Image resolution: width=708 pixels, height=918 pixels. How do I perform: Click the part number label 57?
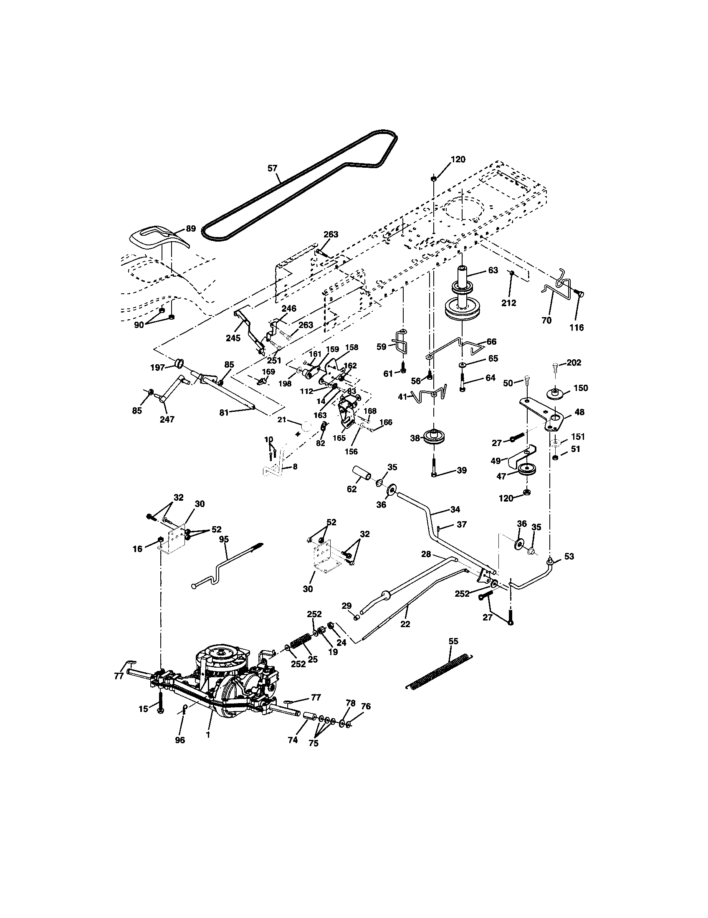(273, 168)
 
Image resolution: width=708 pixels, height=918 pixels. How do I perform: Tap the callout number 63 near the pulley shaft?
(493, 270)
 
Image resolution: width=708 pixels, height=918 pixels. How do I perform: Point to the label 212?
(508, 303)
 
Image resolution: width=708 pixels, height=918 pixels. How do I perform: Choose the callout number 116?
(577, 328)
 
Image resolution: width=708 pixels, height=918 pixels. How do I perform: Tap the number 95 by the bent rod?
(224, 539)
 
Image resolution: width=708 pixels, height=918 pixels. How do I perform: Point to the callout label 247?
(167, 419)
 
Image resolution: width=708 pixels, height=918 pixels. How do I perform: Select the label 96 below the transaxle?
(180, 740)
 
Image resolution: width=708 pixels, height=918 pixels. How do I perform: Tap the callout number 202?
(574, 362)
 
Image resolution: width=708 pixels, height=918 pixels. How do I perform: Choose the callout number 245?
(233, 338)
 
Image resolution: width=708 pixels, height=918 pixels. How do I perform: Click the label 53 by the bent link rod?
(569, 557)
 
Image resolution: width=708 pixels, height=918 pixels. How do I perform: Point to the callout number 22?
(405, 624)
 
